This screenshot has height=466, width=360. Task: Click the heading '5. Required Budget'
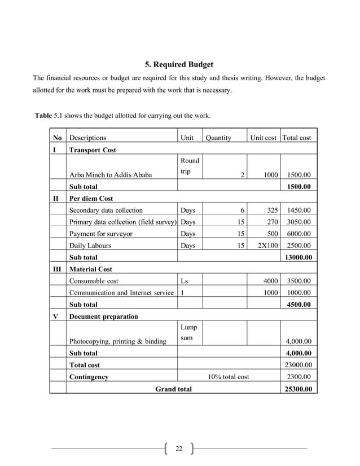(179, 65)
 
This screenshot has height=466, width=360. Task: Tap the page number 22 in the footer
(179, 449)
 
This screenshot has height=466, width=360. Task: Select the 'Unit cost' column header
(264, 137)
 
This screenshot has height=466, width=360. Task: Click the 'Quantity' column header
(218, 137)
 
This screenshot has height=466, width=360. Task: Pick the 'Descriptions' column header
(87, 137)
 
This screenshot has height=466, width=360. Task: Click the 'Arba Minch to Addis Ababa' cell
(110, 175)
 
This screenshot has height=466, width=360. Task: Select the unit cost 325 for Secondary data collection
(271, 210)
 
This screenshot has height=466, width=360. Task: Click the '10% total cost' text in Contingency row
(229, 377)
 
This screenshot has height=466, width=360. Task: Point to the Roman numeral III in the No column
(57, 269)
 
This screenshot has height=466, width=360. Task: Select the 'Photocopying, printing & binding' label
(117, 341)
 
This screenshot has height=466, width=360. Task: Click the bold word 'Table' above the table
(43, 116)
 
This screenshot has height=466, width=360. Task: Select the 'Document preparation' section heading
(103, 316)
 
